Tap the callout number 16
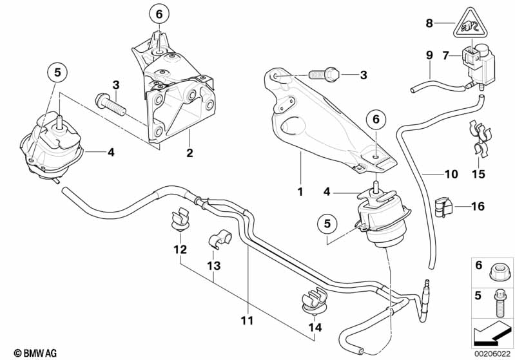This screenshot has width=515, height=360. click(x=477, y=207)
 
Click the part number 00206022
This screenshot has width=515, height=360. click(x=493, y=353)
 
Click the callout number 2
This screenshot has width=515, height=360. click(x=189, y=153)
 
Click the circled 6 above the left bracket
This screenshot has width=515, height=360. click(x=160, y=13)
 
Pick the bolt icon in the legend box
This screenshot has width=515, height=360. click(x=497, y=297)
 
